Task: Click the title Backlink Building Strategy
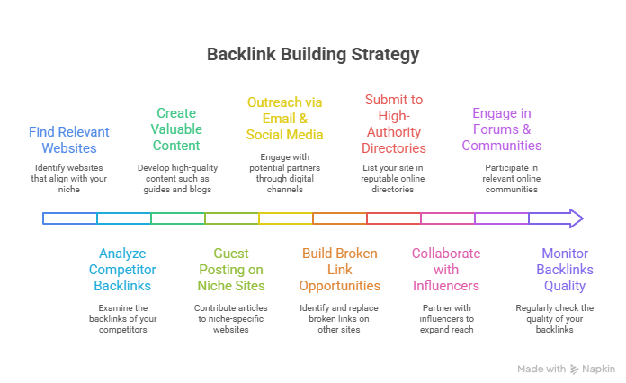313,54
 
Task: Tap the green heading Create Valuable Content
177,129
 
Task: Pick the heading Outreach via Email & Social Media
284,119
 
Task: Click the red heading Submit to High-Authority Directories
394,123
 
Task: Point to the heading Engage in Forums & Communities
502,129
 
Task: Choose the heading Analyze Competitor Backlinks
122,270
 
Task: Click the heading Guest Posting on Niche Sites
231,270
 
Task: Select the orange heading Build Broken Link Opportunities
340,270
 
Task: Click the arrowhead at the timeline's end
575,218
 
